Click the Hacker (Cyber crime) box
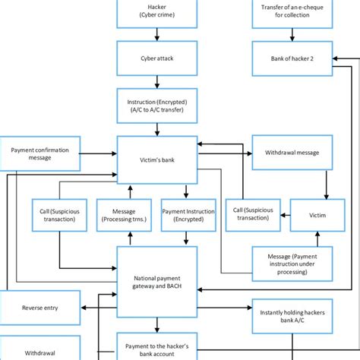tap(156, 12)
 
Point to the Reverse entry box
tap(39, 308)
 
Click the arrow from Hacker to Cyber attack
tap(156, 33)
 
